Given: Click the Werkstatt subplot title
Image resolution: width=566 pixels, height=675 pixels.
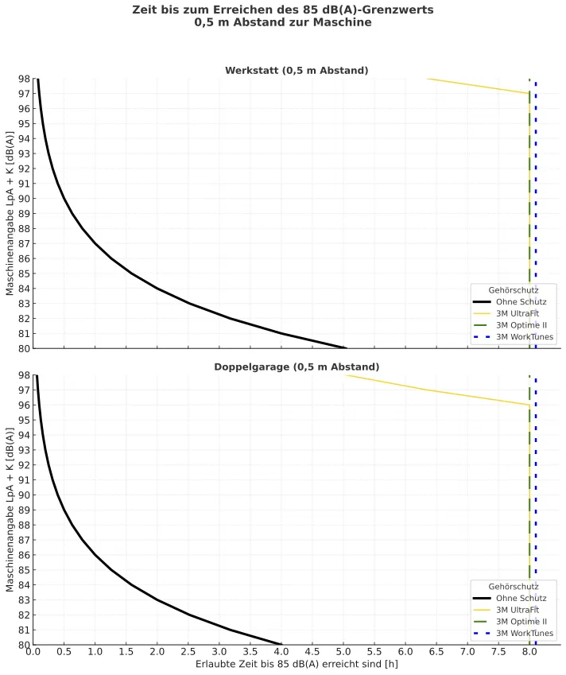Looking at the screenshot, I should (297, 70).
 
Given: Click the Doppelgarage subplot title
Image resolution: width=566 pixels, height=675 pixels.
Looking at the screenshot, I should (297, 367).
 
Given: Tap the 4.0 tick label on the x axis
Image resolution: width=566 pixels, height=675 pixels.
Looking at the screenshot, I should (281, 653).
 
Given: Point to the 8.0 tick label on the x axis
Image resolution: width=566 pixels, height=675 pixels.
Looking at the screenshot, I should (529, 653).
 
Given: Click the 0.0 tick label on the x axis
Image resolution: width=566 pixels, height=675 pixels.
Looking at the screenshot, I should (33, 653).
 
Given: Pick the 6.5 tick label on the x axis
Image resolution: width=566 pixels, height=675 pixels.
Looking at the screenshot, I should (436, 653).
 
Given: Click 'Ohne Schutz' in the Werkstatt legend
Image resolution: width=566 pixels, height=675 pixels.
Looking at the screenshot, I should (521, 302).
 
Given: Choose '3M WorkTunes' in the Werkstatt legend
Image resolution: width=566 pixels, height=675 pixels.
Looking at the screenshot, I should (525, 337).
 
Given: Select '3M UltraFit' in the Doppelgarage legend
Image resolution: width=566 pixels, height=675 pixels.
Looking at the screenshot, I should (518, 610).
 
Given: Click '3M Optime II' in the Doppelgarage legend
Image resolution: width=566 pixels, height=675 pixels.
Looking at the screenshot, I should (521, 622).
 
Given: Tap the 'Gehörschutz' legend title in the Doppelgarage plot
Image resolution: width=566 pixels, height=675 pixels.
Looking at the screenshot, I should (513, 586).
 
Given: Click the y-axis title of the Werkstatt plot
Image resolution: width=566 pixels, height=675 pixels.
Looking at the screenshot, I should (10, 213).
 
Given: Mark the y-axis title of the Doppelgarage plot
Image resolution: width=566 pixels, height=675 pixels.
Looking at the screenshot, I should (10, 510).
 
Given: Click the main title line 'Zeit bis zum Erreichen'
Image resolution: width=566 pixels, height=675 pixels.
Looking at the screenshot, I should (283, 10).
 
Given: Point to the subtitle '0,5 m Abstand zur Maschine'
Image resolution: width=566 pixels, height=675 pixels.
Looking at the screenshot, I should (283, 22).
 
